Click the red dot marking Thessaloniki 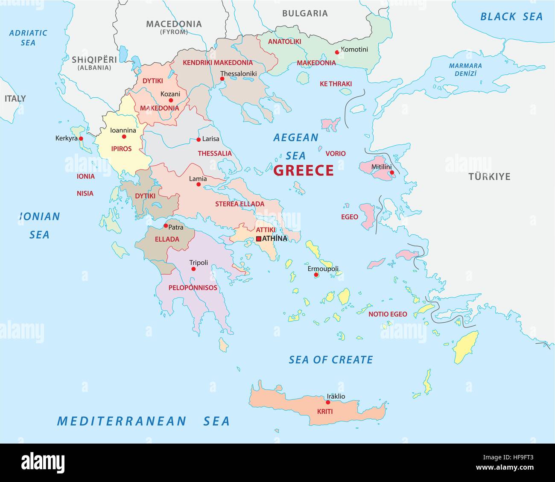222,79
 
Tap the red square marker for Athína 258,239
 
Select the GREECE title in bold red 303,170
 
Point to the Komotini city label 354,50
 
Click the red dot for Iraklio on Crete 328,402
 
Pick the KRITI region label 324,412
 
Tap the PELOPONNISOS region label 193,288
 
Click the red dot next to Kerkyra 81,139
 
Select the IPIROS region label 121,149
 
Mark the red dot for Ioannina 124,137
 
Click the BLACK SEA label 511,17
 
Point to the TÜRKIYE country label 489,176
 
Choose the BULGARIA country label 305,13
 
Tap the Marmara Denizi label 465,70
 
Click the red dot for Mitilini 392,173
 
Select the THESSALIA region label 215,153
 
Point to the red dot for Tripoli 193,269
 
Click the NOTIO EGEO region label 388,314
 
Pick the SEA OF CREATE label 331,360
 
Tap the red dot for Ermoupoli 316,275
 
